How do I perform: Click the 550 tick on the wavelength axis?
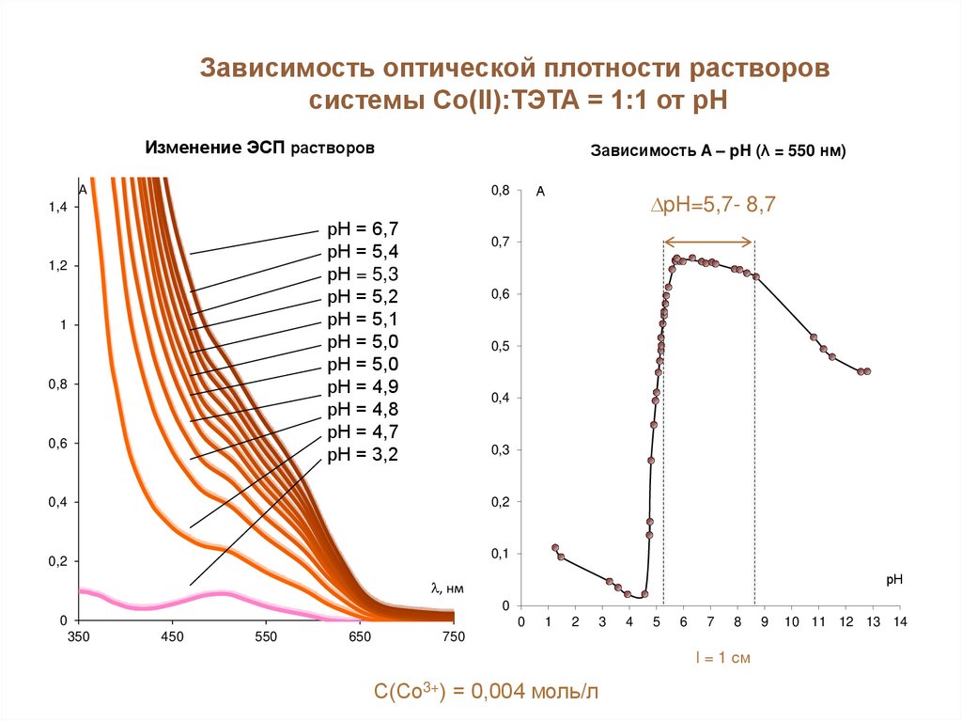[266, 637]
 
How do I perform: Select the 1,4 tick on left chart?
[58, 207]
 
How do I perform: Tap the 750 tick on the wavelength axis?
[454, 637]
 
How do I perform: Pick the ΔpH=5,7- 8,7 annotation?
[713, 206]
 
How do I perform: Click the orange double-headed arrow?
[709, 243]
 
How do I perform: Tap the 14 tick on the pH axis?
[899, 622]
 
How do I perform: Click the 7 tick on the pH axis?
[710, 622]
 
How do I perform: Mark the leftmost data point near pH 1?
[555, 547]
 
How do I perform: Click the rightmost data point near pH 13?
[867, 371]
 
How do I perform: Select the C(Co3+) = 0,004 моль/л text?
[485, 693]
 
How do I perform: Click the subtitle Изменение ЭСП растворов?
[260, 149]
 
